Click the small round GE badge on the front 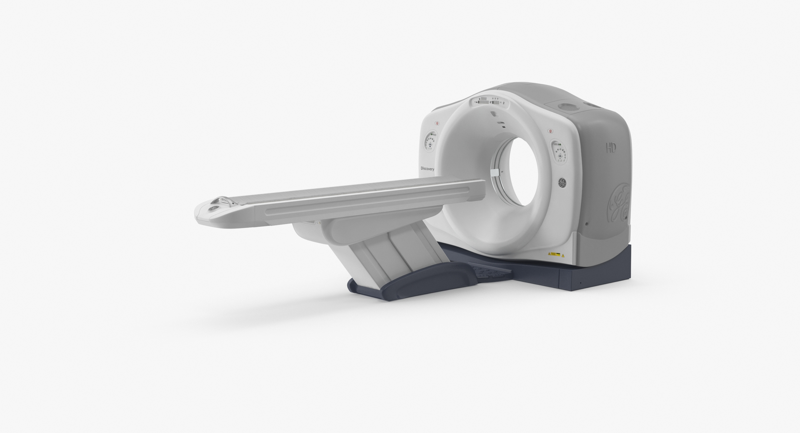click(x=562, y=182)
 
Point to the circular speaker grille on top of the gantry click(x=566, y=107)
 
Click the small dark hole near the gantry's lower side click(x=587, y=224)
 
